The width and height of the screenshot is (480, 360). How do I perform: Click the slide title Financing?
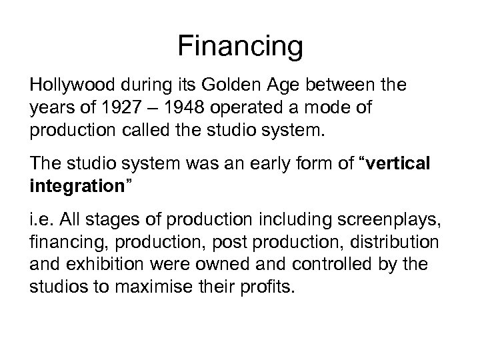240,47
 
